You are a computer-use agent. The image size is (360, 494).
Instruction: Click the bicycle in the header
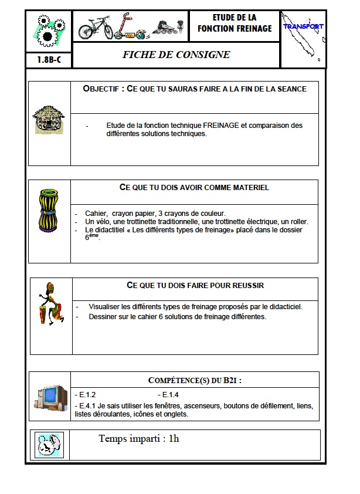click(x=96, y=27)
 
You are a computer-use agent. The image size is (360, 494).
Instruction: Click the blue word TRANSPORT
click(x=303, y=26)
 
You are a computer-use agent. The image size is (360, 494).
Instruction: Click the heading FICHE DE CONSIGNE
click(x=176, y=55)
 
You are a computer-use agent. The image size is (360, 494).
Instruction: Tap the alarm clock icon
click(x=49, y=444)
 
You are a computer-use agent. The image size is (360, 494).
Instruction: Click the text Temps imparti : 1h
click(x=139, y=438)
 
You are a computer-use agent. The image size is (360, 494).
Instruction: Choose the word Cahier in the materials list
click(x=96, y=214)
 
